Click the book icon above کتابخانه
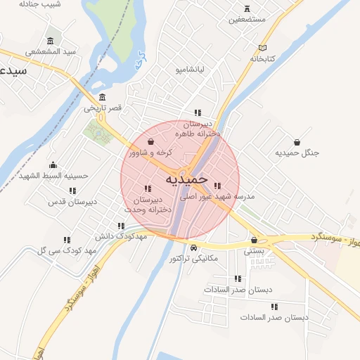(x=262, y=48)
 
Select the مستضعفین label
(x=247, y=19)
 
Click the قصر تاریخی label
(x=103, y=108)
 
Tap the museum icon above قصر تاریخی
(x=103, y=97)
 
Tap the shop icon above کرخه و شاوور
(x=150, y=142)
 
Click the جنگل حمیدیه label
(x=297, y=153)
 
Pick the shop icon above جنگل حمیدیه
(x=297, y=141)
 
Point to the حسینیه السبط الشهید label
(x=54, y=175)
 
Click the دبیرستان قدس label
(x=72, y=202)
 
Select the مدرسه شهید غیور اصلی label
(x=217, y=198)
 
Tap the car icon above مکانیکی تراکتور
(x=193, y=247)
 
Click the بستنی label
(x=254, y=250)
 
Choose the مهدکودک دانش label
(x=120, y=236)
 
